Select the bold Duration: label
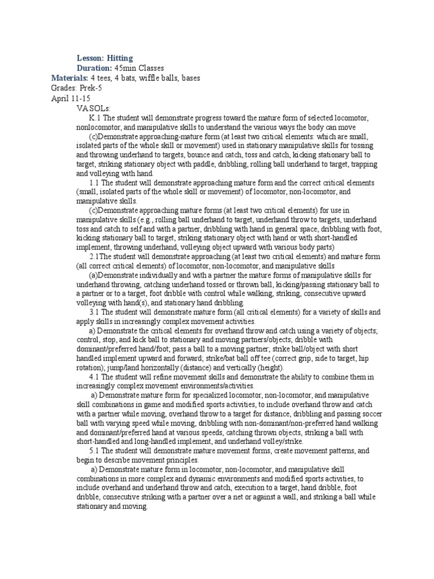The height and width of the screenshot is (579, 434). point(94,68)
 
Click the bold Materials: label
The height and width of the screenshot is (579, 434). point(70,77)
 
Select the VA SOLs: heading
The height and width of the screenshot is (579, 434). point(94,107)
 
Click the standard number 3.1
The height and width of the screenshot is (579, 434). point(94,312)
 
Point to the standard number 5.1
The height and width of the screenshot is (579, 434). point(94,451)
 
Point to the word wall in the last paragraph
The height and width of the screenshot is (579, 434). point(340,497)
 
